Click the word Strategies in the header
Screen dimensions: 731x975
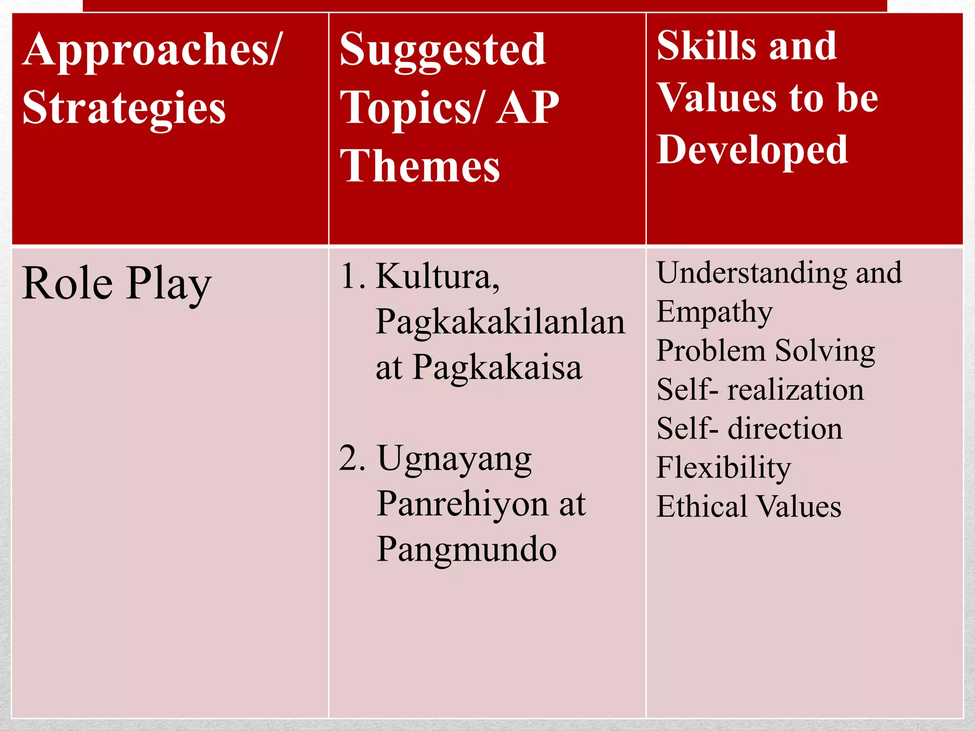[124, 109]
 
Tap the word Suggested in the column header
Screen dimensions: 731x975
[443, 50]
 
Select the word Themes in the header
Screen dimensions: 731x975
[420, 167]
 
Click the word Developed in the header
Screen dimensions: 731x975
[752, 150]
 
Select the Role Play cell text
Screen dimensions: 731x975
[117, 285]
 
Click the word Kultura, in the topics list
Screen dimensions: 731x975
[438, 277]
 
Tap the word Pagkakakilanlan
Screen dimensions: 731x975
[500, 323]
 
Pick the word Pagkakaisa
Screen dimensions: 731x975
[497, 368]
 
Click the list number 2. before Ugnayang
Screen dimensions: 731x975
[353, 459]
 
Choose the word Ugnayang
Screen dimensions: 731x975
[455, 460]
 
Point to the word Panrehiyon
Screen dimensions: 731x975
[462, 504]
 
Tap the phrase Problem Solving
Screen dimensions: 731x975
[766, 352]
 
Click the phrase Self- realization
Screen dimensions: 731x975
[760, 390]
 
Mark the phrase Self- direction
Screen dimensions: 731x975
[749, 429]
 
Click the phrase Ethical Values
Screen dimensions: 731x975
[749, 507]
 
